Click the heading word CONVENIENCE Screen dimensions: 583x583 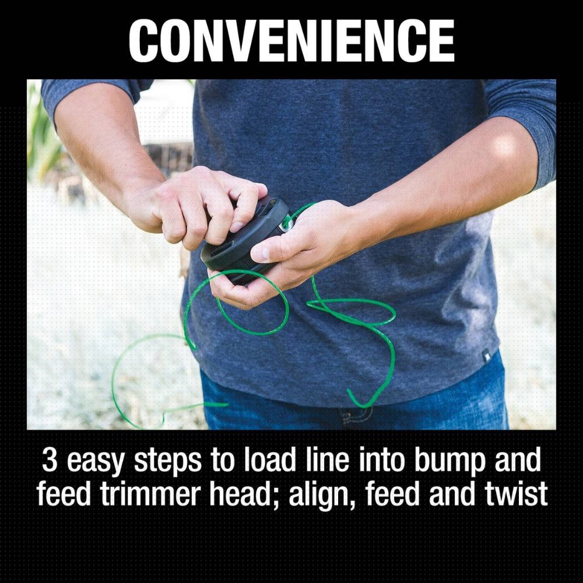tap(291, 41)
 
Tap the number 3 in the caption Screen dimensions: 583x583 tap(49, 460)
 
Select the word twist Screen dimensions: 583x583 tap(516, 494)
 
